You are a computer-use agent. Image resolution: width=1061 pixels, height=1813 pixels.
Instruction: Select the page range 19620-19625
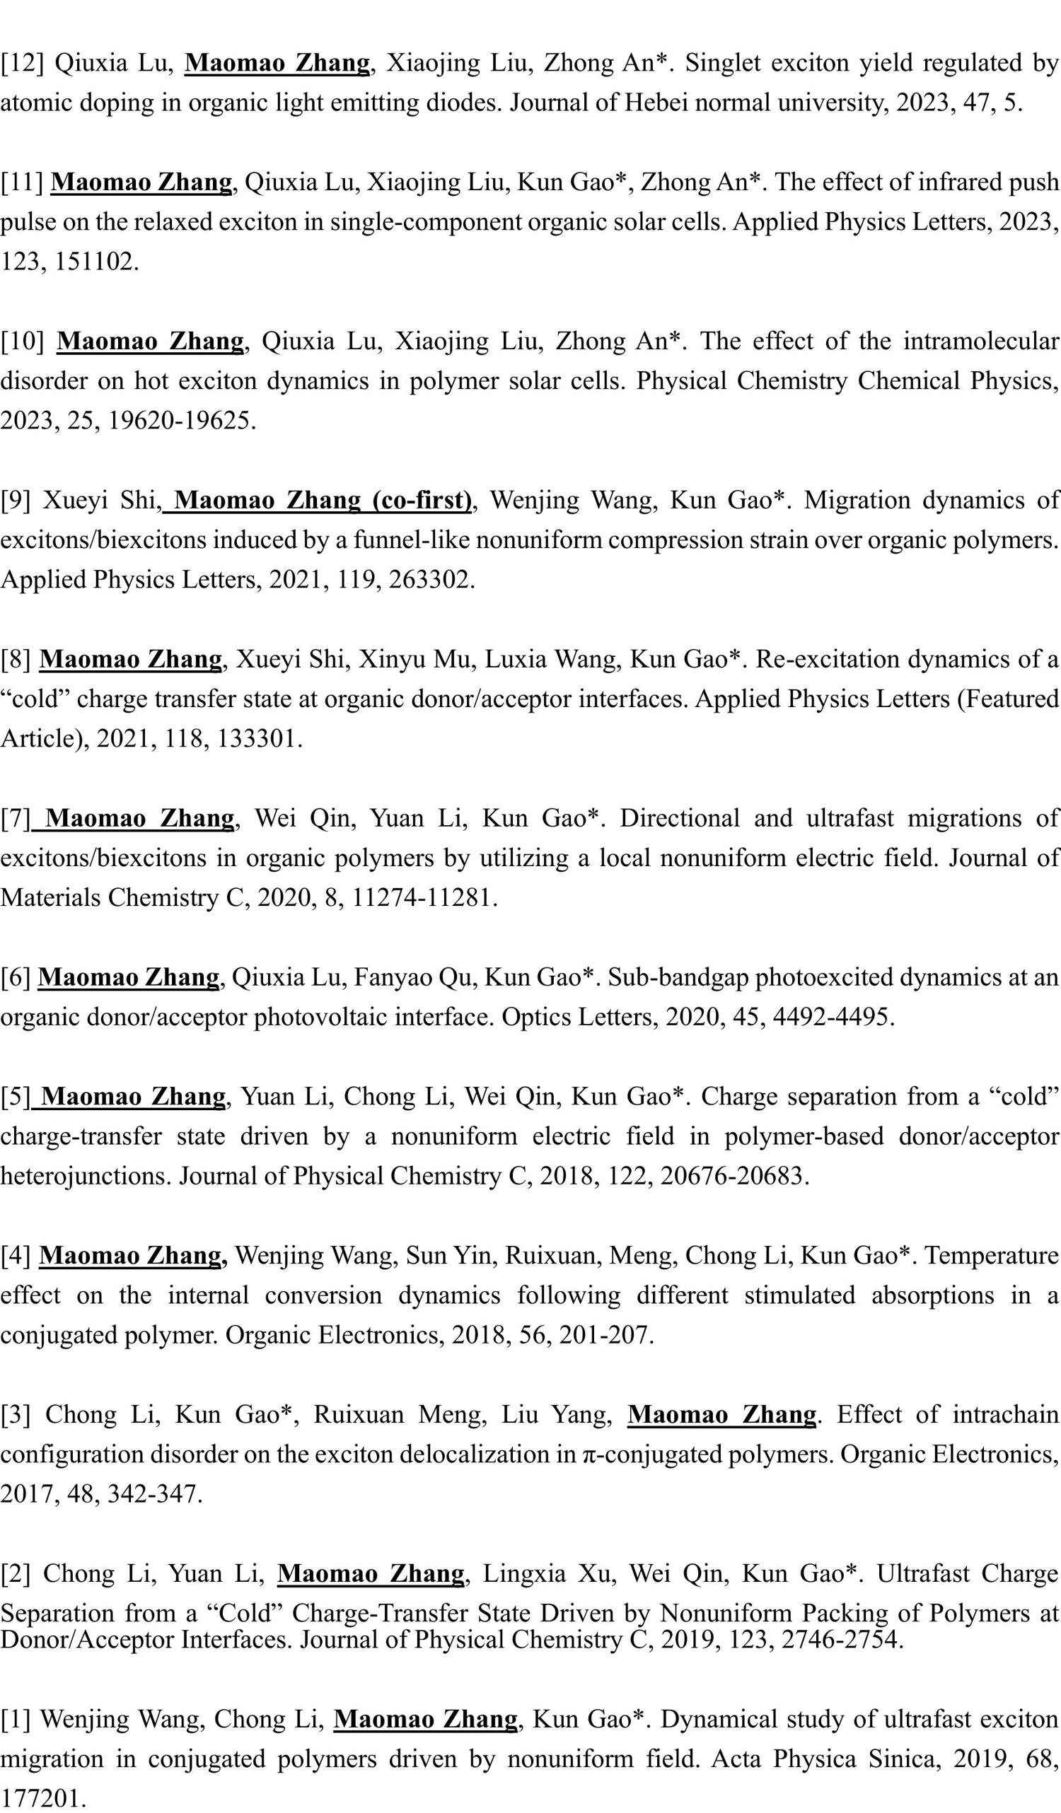click(x=180, y=421)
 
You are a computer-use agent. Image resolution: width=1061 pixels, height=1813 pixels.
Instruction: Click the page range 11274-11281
click(x=421, y=897)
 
